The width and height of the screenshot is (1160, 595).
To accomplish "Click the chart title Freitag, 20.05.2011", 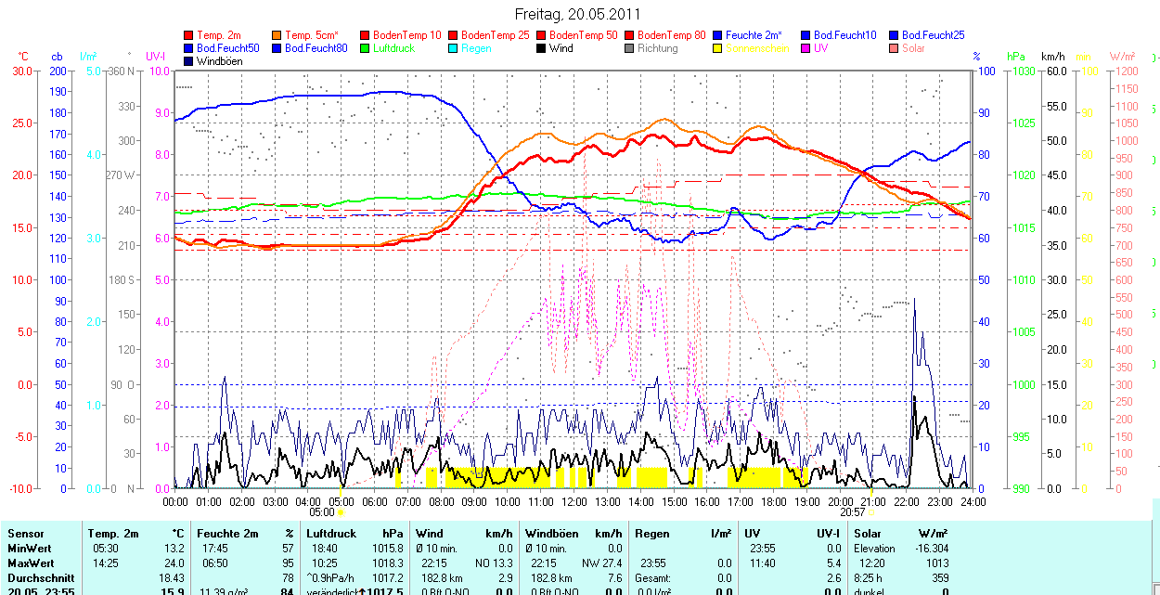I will tap(577, 15).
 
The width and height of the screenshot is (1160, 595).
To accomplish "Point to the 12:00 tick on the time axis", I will tap(574, 502).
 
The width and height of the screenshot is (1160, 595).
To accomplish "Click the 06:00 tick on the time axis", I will tap(375, 502).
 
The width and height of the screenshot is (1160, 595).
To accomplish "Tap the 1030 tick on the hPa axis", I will tap(1024, 71).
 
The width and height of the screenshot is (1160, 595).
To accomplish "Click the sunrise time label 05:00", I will tap(321, 511).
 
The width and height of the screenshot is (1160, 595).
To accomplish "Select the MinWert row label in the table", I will tap(30, 549).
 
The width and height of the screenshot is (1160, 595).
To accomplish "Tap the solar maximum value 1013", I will tap(935, 563).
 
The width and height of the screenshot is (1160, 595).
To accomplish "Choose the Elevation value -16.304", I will tap(929, 549).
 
